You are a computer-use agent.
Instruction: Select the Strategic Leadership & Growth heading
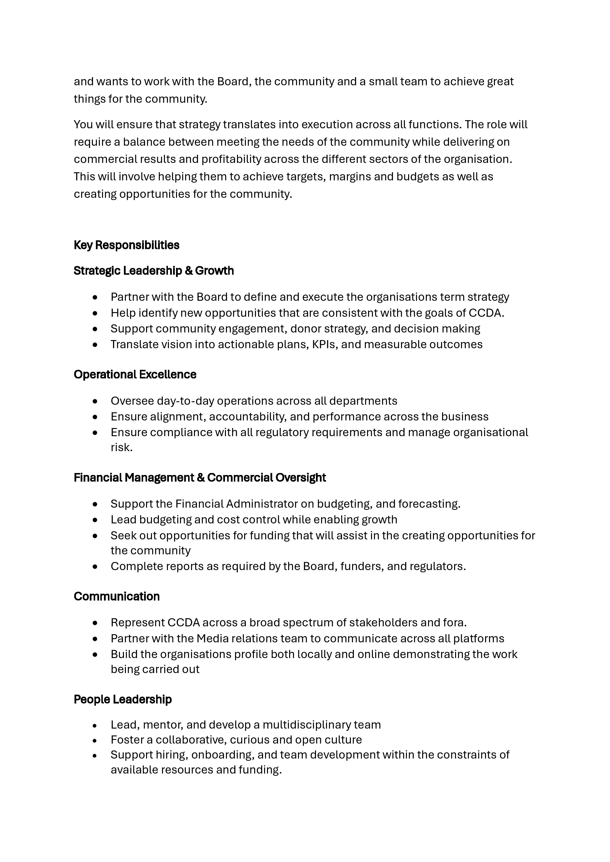click(x=154, y=271)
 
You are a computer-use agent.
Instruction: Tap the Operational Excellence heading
click(x=135, y=374)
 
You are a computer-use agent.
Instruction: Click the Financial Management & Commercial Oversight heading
click(x=199, y=477)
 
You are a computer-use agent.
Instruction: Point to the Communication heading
click(x=117, y=596)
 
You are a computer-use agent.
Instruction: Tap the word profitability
click(x=231, y=159)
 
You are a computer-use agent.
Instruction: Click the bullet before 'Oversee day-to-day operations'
click(x=95, y=401)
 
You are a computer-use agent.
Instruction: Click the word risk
click(x=121, y=447)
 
